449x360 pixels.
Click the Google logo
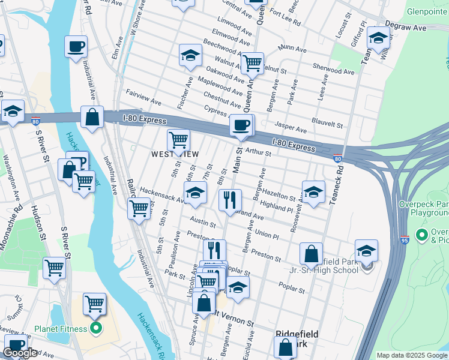pos(20,353)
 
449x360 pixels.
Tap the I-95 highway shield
pos(405,239)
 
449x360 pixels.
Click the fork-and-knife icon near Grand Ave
pos(229,200)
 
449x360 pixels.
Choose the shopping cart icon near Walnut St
pos(253,63)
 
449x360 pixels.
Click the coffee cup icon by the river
pos(76,47)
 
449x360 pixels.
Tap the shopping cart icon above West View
pos(178,140)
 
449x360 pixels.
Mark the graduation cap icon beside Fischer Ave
pos(190,56)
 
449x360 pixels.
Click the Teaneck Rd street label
pos(340,180)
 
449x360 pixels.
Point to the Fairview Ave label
pos(144,97)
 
